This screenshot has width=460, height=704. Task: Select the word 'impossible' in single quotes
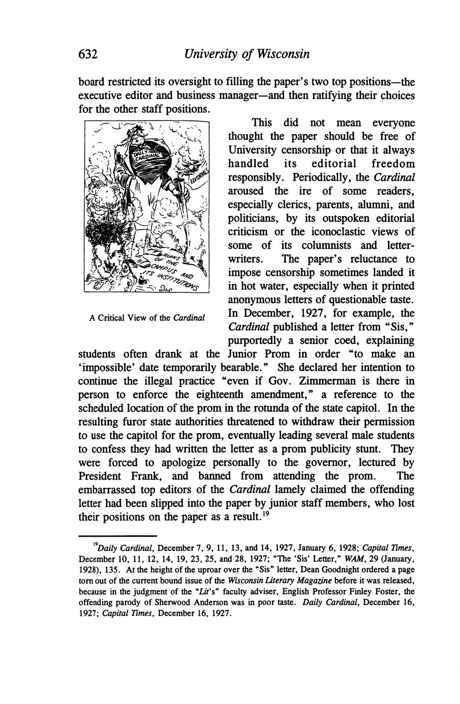coord(108,367)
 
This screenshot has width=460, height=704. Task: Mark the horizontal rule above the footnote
coord(117,536)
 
